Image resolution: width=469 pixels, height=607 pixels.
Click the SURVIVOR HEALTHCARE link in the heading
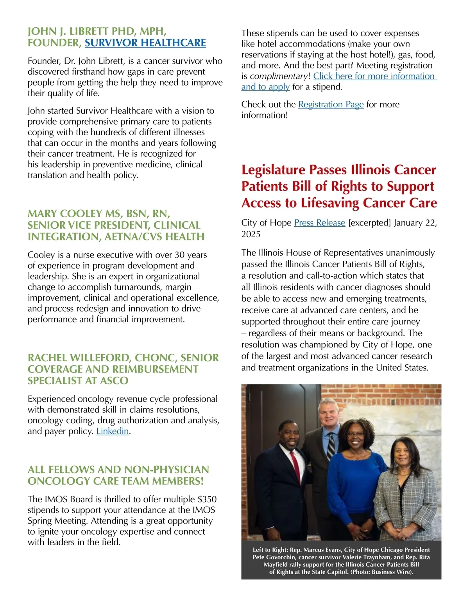point(145,43)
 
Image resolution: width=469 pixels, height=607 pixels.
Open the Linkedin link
point(113,431)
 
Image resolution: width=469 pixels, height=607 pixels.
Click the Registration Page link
point(331,104)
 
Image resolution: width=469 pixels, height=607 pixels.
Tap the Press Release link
point(319,223)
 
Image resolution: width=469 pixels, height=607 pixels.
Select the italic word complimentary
point(279,76)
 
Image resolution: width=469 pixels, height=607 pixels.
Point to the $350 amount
point(207,500)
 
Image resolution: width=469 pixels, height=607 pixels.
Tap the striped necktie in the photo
point(331,445)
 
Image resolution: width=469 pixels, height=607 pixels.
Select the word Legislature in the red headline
point(273,170)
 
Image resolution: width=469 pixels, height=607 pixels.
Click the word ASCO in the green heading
point(114,381)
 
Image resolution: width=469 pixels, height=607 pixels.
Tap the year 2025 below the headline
point(252,234)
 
